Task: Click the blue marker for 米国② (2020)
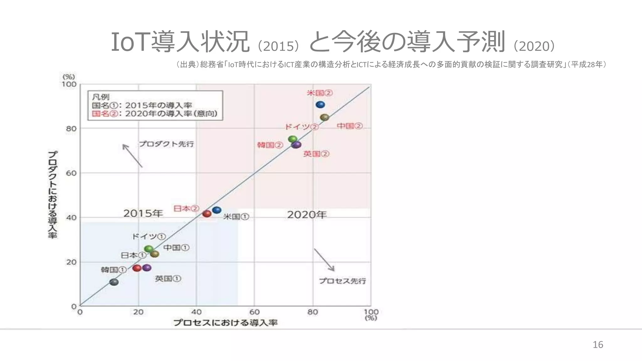click(320, 105)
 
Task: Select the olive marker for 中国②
click(324, 118)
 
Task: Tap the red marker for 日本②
click(207, 214)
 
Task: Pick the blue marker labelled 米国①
click(217, 210)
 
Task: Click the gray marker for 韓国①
click(114, 282)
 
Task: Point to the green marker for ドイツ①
click(149, 249)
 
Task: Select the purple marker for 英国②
click(296, 145)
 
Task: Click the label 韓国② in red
click(270, 145)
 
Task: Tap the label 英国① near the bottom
click(168, 279)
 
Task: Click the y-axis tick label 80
click(71, 129)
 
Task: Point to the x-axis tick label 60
click(254, 312)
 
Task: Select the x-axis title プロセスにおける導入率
click(225, 322)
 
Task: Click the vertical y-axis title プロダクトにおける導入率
click(53, 195)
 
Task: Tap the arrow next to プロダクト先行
click(132, 155)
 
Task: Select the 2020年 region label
click(307, 215)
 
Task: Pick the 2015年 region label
click(143, 213)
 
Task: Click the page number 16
click(597, 345)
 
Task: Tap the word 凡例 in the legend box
click(100, 97)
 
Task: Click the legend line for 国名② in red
click(155, 114)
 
